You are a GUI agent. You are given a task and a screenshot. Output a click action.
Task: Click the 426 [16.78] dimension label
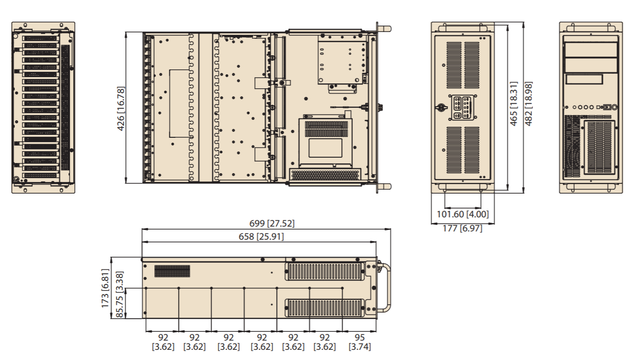(120, 109)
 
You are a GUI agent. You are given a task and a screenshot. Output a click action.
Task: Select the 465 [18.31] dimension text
(514, 103)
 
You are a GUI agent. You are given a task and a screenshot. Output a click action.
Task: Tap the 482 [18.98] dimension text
(528, 103)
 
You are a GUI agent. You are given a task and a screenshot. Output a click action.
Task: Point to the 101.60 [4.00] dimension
(463, 214)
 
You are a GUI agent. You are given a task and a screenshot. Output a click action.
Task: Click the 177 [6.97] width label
(463, 228)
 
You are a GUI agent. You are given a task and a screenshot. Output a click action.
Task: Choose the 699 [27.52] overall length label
(272, 224)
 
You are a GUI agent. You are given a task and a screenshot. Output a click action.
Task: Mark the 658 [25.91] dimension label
(261, 237)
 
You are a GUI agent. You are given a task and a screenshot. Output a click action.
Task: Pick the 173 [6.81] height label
(105, 288)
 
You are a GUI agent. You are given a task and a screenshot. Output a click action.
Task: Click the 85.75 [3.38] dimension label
(119, 295)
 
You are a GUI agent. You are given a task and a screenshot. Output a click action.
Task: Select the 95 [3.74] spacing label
(360, 342)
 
